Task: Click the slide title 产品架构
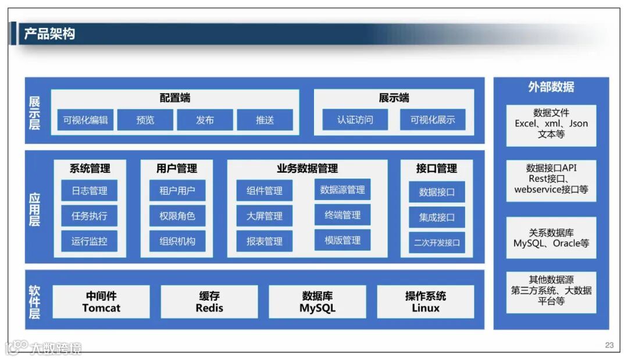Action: pyautogui.click(x=49, y=34)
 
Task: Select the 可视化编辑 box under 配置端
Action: pyautogui.click(x=85, y=120)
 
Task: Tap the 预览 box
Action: pyautogui.click(x=145, y=120)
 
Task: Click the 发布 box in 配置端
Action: pyautogui.click(x=205, y=120)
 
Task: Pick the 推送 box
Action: pyautogui.click(x=265, y=120)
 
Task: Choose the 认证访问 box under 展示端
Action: pyautogui.click(x=355, y=120)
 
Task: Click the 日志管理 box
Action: pyautogui.click(x=90, y=191)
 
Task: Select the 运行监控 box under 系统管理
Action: pyautogui.click(x=90, y=241)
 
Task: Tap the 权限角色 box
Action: pyautogui.click(x=177, y=216)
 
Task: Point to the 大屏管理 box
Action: pyautogui.click(x=265, y=216)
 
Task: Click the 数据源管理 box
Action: pyautogui.click(x=342, y=190)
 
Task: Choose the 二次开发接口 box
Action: pyautogui.click(x=437, y=242)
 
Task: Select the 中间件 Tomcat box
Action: pyautogui.click(x=101, y=302)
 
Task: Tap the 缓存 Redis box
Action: pyautogui.click(x=209, y=302)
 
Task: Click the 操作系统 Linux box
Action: pyautogui.click(x=426, y=302)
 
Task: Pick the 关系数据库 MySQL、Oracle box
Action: pyautogui.click(x=551, y=238)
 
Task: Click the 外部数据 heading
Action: pyautogui.click(x=551, y=87)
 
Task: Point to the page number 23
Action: pyautogui.click(x=609, y=345)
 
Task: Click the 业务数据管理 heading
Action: pyautogui.click(x=307, y=169)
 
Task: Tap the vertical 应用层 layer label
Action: pyautogui.click(x=35, y=207)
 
